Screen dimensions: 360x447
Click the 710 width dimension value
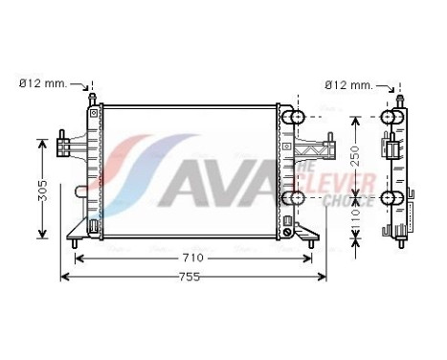(x=193, y=259)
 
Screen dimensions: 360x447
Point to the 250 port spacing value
(x=355, y=156)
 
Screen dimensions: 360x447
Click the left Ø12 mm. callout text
(x=43, y=83)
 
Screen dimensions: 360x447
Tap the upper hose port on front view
(x=296, y=118)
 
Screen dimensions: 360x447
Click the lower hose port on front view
(x=296, y=198)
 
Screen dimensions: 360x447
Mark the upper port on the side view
(x=391, y=118)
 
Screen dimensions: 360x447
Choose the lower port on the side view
(x=391, y=198)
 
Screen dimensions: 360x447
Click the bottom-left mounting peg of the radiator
(x=75, y=244)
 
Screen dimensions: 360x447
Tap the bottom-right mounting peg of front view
(x=311, y=244)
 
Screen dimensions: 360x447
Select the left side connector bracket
(x=65, y=146)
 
